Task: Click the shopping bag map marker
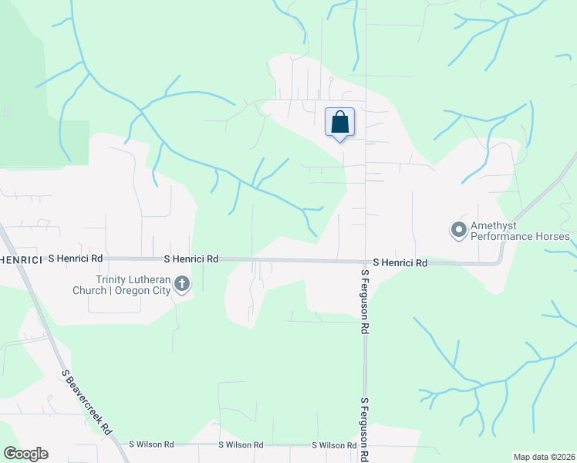click(339, 123)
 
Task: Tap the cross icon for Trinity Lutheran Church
click(182, 285)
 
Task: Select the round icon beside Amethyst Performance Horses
click(458, 229)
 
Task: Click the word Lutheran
click(152, 280)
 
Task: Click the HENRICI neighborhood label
click(20, 260)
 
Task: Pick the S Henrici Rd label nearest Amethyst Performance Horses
click(400, 263)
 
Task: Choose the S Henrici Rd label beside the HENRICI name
click(74, 260)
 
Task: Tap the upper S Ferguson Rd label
click(363, 300)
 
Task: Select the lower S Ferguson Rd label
click(363, 428)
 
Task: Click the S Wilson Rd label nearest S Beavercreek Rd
click(152, 444)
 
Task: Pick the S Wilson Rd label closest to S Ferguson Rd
click(334, 445)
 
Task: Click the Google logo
click(25, 454)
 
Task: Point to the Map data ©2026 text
click(543, 457)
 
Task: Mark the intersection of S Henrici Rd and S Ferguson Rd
click(366, 262)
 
